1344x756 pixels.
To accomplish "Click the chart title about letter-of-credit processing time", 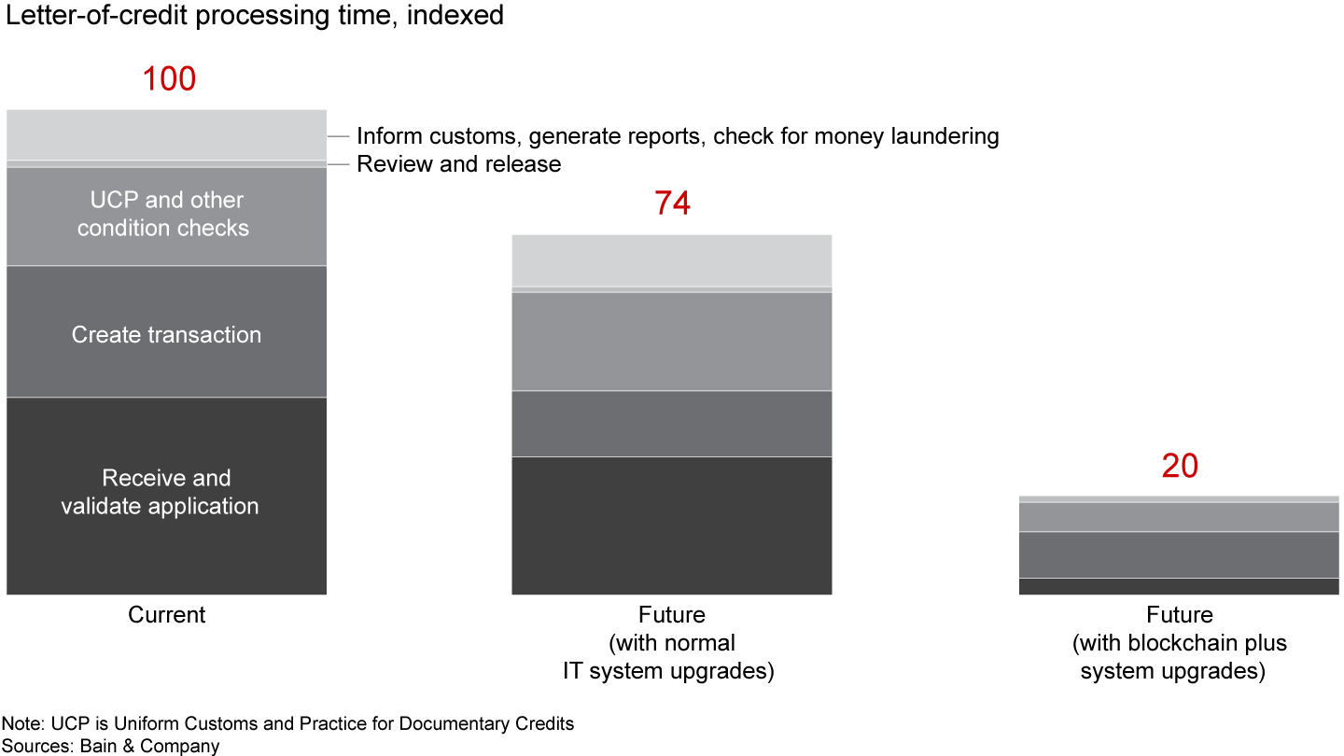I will tap(255, 16).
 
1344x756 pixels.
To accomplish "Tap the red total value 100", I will tap(169, 79).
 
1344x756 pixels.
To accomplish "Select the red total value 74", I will tap(672, 203).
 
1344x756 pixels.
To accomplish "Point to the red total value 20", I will tap(1179, 466).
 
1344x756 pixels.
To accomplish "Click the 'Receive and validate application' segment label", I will tap(166, 492).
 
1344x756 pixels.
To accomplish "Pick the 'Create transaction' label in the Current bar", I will tap(166, 335).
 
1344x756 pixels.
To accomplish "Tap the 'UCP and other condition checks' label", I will tap(166, 214).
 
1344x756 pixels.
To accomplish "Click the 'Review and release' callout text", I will tap(459, 164).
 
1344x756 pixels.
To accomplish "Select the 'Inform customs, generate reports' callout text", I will tap(678, 136).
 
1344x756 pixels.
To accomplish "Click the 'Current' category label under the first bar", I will tap(166, 615).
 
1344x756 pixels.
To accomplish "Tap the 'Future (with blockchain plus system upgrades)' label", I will tap(1180, 643).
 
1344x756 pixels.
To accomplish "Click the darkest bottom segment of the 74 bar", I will tap(672, 525).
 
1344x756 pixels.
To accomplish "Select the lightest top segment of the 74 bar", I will tap(672, 260).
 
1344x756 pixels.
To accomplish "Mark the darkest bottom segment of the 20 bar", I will tap(1180, 586).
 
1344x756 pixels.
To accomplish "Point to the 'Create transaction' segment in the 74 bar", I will tap(672, 423).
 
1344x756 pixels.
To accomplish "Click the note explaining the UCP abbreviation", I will tap(287, 723).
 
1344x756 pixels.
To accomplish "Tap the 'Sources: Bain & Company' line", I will tap(110, 746).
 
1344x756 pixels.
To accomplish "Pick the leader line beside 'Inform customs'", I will tap(338, 136).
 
